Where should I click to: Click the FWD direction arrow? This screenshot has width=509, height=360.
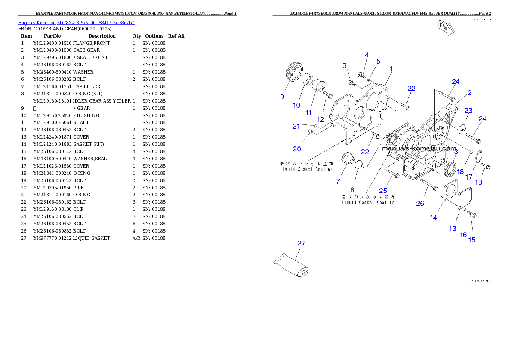pyautogui.click(x=446, y=28)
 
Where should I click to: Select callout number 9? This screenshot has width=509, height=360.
pyautogui.click(x=282, y=97)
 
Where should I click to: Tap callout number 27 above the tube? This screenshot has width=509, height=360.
pyautogui.click(x=302, y=243)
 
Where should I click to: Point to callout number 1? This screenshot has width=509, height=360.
pyautogui.click(x=391, y=68)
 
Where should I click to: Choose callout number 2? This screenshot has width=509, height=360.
pyautogui.click(x=469, y=93)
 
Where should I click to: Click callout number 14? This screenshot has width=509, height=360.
pyautogui.click(x=434, y=218)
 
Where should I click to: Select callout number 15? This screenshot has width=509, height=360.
pyautogui.click(x=472, y=240)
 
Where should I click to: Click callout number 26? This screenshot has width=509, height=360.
pyautogui.click(x=420, y=204)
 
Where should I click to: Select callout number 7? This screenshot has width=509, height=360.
pyautogui.click(x=338, y=181)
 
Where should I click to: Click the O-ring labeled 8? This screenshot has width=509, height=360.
pyautogui.click(x=360, y=164)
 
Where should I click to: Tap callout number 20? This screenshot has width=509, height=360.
pyautogui.click(x=297, y=149)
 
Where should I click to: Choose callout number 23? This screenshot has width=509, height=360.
pyautogui.click(x=468, y=110)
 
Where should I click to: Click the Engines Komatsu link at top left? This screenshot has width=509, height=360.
pyautogui.click(x=76, y=22)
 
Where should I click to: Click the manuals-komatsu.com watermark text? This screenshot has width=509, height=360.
pyautogui.click(x=419, y=149)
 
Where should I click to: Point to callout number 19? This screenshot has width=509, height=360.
pyautogui.click(x=479, y=182)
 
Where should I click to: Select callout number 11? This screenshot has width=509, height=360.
pyautogui.click(x=308, y=112)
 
